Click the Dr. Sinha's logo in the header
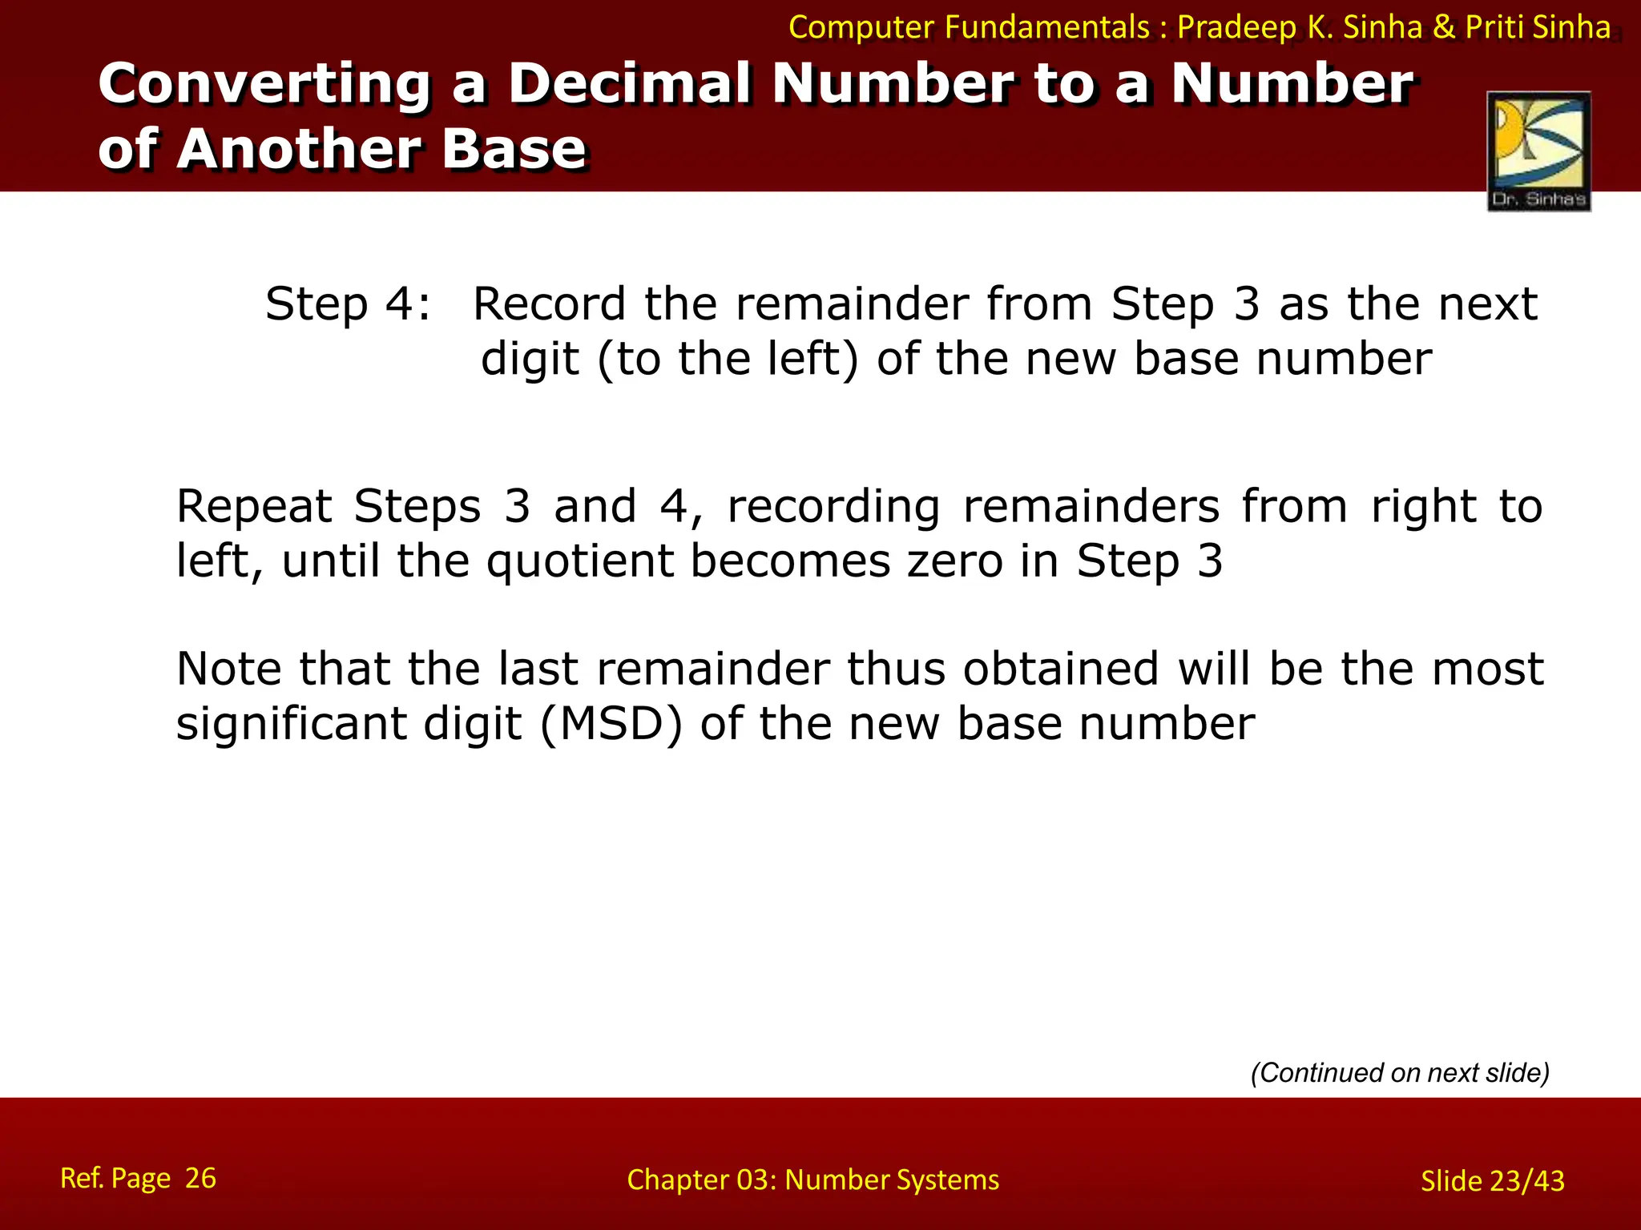[x=1538, y=151]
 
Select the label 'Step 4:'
[x=348, y=304]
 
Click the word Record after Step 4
[x=549, y=304]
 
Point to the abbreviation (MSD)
[x=611, y=724]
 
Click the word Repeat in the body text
[x=254, y=507]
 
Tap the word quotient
[x=579, y=561]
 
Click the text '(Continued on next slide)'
[x=1400, y=1072]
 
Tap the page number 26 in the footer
[x=200, y=1178]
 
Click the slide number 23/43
[x=1526, y=1180]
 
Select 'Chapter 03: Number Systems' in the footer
[x=812, y=1180]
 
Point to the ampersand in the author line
[x=1443, y=27]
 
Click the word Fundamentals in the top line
[x=1046, y=27]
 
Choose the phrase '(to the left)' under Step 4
[x=727, y=359]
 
